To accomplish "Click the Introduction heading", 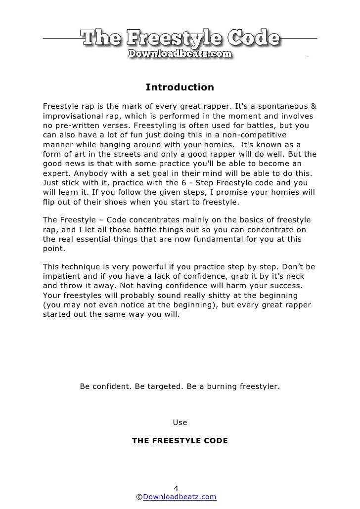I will point(180,88).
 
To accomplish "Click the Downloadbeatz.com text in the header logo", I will point(180,54).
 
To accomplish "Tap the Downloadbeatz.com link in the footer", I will point(180,497).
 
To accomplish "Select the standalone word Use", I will point(180,423).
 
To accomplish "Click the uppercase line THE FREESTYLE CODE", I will point(180,439).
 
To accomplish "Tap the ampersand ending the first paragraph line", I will point(313,107).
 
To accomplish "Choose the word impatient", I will point(62,277).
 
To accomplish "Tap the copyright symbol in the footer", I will point(139,497).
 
